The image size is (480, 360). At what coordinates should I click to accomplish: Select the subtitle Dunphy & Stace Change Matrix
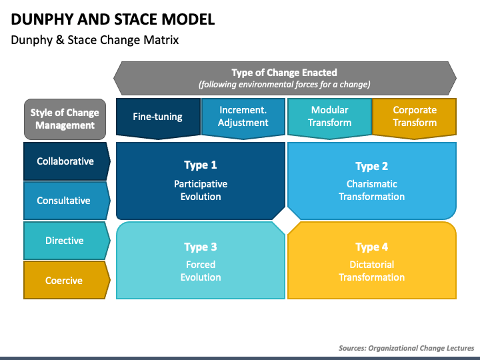tap(95, 40)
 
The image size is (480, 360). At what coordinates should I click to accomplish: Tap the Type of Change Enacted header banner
tap(285, 78)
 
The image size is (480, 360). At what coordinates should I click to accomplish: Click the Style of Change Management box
tap(65, 119)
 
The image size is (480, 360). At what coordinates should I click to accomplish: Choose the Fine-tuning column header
tap(157, 117)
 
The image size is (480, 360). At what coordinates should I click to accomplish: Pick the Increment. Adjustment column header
tap(243, 117)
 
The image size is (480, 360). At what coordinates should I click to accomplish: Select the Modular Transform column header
tap(329, 117)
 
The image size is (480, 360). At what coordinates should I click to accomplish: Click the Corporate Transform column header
tap(414, 117)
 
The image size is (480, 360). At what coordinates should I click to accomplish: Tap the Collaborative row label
tap(65, 161)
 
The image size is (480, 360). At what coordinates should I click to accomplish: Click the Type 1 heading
tap(201, 165)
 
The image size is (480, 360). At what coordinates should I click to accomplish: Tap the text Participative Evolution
tap(201, 190)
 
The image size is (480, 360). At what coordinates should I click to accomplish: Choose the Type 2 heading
tap(371, 167)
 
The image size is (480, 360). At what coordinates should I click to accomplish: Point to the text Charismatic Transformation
tap(371, 190)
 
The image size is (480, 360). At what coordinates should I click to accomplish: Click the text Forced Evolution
tap(201, 271)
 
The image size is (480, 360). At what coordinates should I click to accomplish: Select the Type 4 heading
tap(371, 247)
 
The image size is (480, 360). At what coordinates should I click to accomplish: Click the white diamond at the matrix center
tap(287, 221)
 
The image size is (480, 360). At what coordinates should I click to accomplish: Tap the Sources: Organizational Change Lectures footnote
tap(406, 348)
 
